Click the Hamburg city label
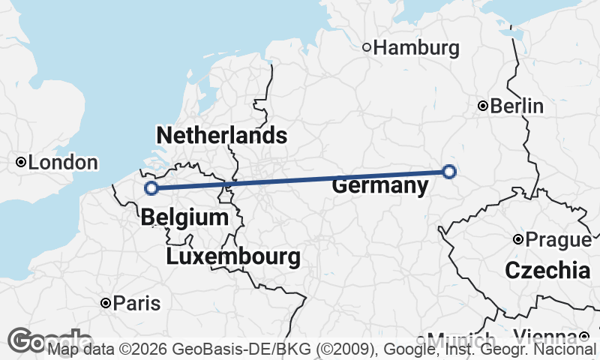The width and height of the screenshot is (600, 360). [x=416, y=48]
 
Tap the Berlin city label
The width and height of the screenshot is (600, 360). [x=517, y=106]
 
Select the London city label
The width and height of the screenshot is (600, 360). [x=63, y=163]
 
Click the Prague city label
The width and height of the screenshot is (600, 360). [x=558, y=240]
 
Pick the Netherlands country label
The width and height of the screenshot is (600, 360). [x=221, y=136]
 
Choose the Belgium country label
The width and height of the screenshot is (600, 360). [x=184, y=218]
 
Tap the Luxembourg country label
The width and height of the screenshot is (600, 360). [x=233, y=257]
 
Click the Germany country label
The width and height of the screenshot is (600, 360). [x=379, y=185]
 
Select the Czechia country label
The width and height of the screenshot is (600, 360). [x=547, y=271]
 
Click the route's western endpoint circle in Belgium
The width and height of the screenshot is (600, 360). [x=151, y=188]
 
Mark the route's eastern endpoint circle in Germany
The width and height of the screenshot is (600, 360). [x=448, y=172]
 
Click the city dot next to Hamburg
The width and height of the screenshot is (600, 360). [x=367, y=48]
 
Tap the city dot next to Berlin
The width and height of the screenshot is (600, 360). [x=484, y=106]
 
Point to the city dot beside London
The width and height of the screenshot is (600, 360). [x=22, y=162]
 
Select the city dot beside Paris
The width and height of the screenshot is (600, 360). [x=106, y=303]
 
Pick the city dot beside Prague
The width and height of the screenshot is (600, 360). [x=518, y=240]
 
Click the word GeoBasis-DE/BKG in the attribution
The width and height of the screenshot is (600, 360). [x=214, y=350]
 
